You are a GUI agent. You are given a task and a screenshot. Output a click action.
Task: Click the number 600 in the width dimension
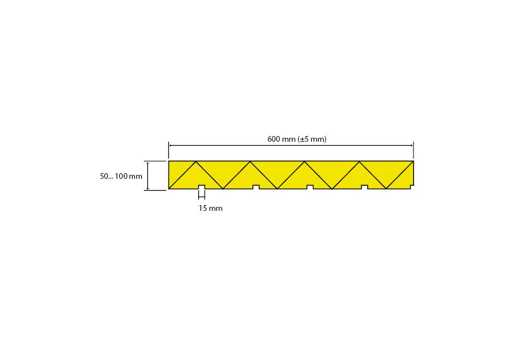coord(274,139)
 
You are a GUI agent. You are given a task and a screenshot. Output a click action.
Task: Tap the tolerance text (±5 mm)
coord(312,139)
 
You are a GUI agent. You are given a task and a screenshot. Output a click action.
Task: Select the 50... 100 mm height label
coord(121,176)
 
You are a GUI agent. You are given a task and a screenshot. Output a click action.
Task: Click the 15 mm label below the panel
coord(211,209)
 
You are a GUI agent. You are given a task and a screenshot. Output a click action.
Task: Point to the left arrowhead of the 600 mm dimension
coord(171,146)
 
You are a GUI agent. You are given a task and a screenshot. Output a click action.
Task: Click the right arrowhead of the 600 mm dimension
coord(411,146)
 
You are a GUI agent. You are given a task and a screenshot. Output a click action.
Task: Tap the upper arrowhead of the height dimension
coord(148,163)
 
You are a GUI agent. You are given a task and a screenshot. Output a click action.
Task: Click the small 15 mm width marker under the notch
coord(201,196)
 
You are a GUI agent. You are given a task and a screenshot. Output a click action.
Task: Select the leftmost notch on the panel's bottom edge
coord(201,187)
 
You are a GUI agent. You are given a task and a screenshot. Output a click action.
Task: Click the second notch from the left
coord(255,187)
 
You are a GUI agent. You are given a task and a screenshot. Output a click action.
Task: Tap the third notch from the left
coord(310,187)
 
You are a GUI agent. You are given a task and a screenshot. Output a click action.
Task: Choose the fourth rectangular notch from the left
coord(364,187)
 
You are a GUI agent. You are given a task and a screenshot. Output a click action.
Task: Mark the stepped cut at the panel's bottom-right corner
coord(412,187)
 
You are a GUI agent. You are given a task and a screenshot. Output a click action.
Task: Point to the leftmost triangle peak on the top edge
coord(196,162)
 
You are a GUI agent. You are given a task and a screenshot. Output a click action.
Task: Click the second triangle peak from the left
coord(250,162)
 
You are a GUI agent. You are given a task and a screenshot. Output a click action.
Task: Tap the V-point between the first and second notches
coord(223,189)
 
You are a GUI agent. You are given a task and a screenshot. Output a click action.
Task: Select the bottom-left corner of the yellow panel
coord(169,189)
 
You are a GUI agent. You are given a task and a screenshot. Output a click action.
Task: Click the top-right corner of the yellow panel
coord(413,162)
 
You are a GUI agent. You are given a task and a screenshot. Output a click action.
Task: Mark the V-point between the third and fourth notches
coord(332,189)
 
